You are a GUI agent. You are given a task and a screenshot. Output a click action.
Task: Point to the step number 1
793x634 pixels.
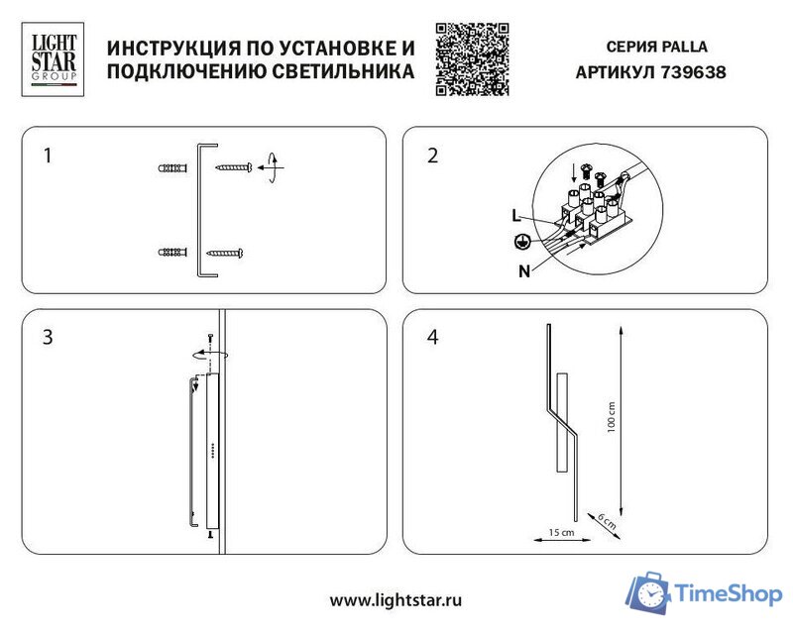[x=47, y=156]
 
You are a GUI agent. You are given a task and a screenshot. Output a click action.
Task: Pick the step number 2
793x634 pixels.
[x=431, y=156]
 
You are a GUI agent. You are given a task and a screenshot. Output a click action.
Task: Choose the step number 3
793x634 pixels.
[x=47, y=338]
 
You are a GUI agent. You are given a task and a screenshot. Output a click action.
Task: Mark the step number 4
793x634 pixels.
[x=431, y=338]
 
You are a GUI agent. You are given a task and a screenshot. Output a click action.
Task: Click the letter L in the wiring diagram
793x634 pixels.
[x=515, y=215]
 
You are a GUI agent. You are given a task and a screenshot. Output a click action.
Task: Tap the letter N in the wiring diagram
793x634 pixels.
[x=522, y=270]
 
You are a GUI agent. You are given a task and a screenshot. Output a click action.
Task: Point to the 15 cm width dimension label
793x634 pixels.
[x=561, y=533]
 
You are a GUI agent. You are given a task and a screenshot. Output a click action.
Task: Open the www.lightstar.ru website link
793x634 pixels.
[x=396, y=599]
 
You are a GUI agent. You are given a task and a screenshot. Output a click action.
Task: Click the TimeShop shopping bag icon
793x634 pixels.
[x=649, y=591]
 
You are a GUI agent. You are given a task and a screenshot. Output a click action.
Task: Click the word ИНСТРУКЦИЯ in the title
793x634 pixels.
[x=167, y=48]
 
